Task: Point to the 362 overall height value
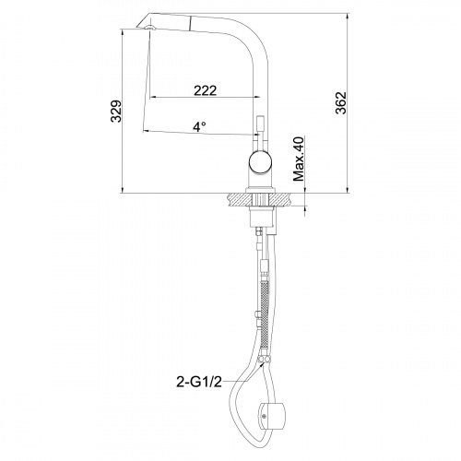click(x=340, y=102)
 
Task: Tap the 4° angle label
click(x=199, y=125)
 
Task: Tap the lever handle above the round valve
click(x=258, y=129)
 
